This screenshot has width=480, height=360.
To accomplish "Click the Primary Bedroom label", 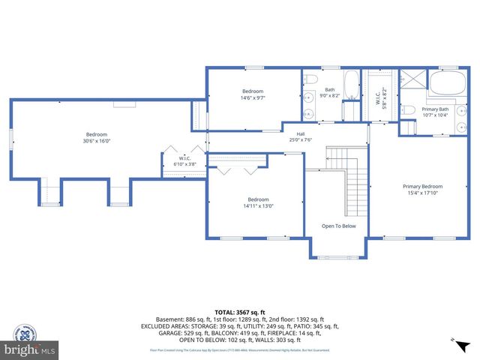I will click(422, 186).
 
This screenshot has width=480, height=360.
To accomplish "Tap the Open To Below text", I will click(339, 225).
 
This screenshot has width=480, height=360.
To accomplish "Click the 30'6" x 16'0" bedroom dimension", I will click(97, 140).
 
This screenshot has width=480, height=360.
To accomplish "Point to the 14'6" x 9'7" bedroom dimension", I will click(252, 97).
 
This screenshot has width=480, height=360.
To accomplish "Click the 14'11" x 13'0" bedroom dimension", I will click(258, 206).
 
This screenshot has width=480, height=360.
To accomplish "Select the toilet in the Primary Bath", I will click(409, 110).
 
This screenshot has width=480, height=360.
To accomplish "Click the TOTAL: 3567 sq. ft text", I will click(240, 312).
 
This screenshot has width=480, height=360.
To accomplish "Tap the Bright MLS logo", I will click(30, 349).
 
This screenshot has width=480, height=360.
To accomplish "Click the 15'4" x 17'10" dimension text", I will click(422, 193).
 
